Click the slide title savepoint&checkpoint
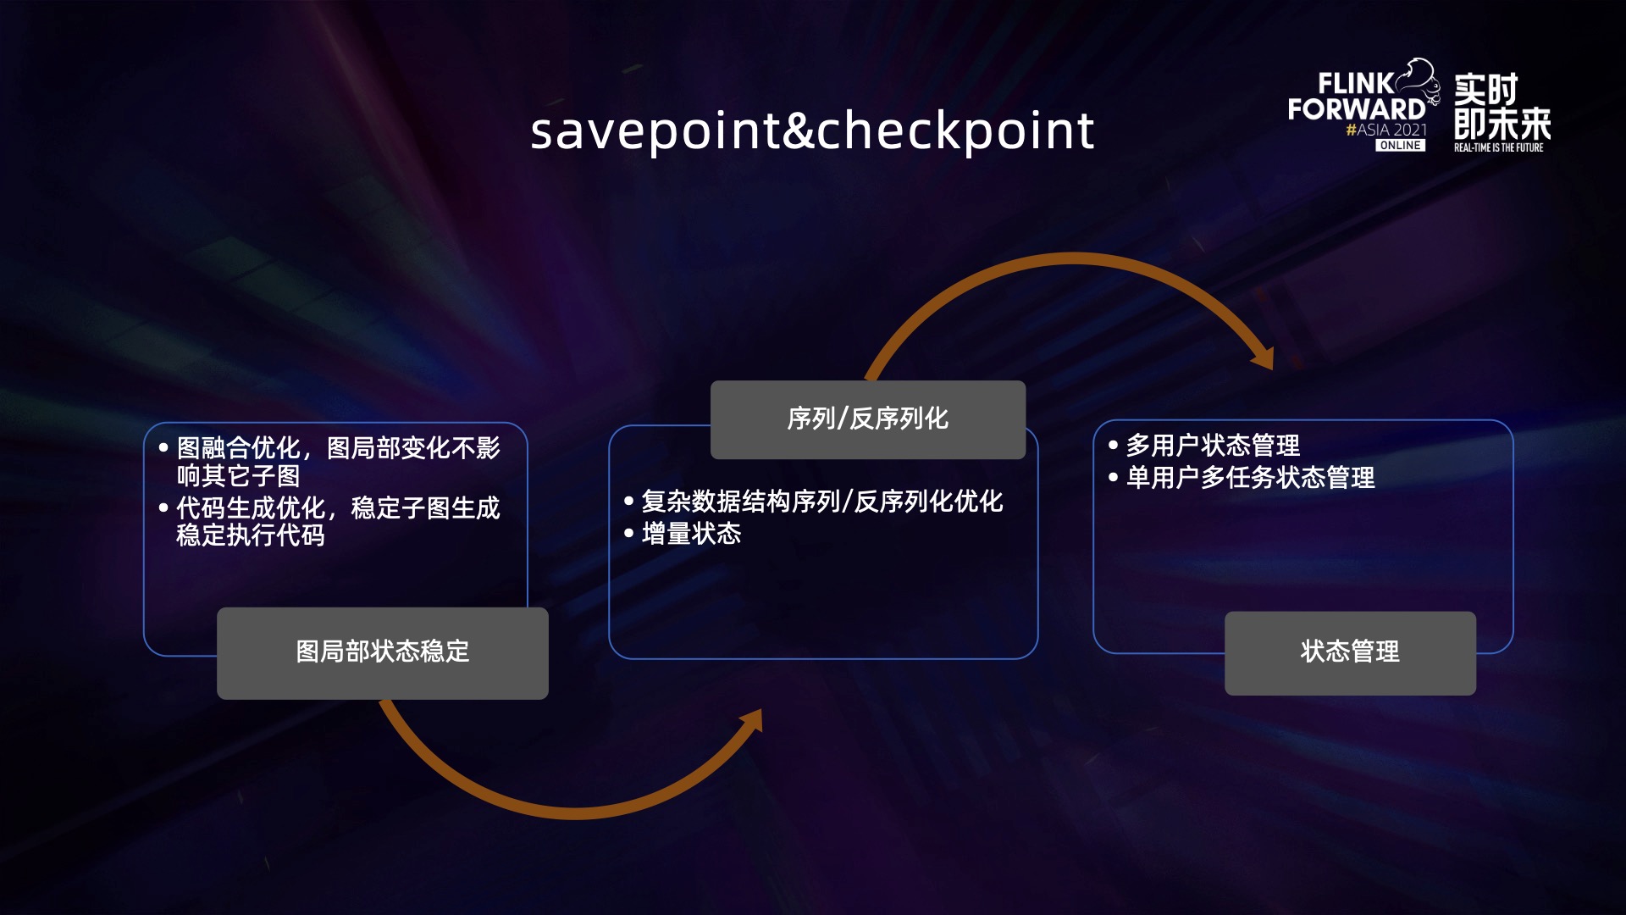point(812,131)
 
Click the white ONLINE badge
point(1400,146)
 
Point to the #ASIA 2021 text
point(1386,130)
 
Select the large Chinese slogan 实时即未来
point(1501,107)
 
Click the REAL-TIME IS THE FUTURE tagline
point(1498,147)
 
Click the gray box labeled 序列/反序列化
point(867,419)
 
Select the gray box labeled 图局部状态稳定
point(382,652)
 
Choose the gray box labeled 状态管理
point(1350,652)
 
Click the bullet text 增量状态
point(691,534)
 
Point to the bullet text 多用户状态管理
point(1212,446)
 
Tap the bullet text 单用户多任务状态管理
point(1249,478)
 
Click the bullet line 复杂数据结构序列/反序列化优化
point(821,502)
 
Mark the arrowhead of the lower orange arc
point(752,721)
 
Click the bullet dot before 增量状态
point(628,534)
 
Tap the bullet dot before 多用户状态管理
point(1113,445)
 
